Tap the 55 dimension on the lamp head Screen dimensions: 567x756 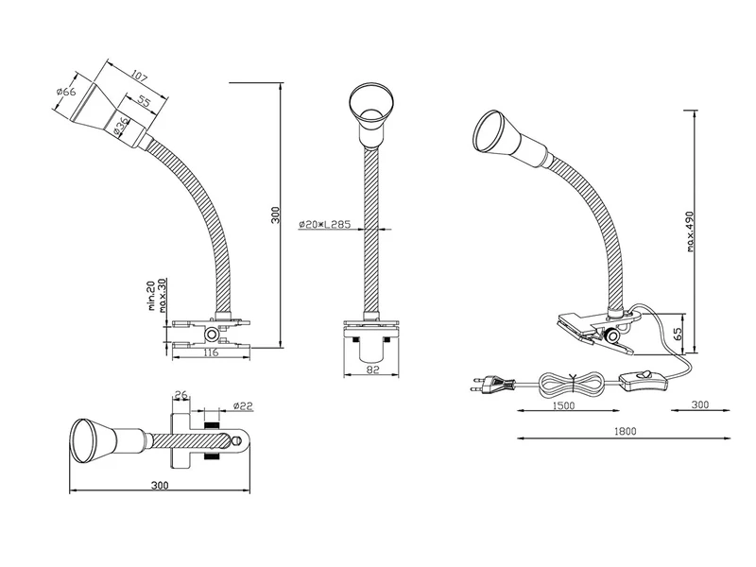coord(145,101)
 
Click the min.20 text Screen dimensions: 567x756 coord(150,296)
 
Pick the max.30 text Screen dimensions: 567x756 coord(163,296)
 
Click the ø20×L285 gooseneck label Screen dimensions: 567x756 coord(324,224)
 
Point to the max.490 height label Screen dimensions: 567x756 coord(692,231)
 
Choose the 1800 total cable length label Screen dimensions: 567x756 coord(624,432)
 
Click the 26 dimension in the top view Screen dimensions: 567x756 coord(183,396)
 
